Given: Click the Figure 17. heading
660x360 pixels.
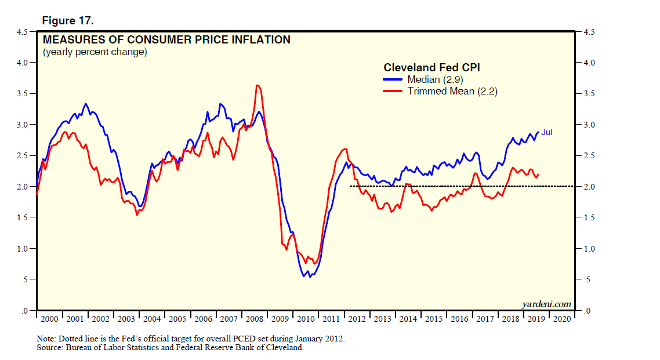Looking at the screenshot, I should click(68, 21).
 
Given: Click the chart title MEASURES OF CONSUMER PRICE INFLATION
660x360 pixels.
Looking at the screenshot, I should click(166, 40).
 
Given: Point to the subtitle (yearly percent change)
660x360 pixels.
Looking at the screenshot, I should click(95, 53).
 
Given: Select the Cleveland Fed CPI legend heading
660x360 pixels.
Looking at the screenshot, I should click(431, 68).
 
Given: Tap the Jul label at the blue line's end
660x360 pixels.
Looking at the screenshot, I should click(546, 132).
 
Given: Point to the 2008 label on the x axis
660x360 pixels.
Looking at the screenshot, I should click(255, 319).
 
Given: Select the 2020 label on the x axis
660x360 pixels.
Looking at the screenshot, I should click(562, 319).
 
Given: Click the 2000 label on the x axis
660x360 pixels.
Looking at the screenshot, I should click(50, 319).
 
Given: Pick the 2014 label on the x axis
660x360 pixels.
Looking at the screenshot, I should click(408, 319).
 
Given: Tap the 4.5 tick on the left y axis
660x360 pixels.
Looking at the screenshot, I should click(22, 31).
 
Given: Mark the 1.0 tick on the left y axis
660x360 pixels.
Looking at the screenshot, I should click(22, 249).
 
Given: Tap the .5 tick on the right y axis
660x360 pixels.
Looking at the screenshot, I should click(586, 280).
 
